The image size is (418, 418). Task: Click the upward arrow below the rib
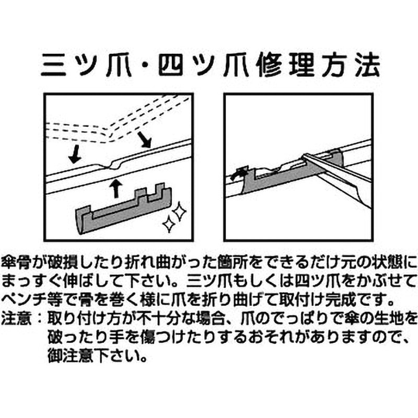(116, 189)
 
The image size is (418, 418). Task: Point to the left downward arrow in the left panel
(75, 154)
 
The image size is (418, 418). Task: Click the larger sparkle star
(179, 211)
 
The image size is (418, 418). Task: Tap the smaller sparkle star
(169, 224)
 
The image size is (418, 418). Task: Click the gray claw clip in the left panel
(124, 208)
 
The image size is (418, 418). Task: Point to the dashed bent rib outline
(112, 131)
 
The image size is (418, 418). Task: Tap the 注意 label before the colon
(16, 319)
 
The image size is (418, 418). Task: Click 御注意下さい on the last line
(97, 356)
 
